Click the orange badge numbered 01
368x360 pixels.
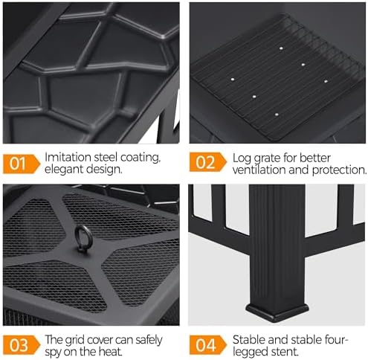coord(22,164)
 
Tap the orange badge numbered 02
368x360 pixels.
coord(208,162)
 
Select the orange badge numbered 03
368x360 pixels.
coord(22,345)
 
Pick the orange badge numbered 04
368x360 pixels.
coord(208,345)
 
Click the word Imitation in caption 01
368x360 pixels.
coord(68,157)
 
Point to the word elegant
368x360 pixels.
coord(64,170)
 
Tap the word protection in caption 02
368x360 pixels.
coord(339,170)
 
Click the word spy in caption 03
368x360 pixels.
coord(53,353)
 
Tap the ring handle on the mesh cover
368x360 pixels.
coord(83,239)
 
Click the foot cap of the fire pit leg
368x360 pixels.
coord(277,312)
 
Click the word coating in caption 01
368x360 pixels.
coord(141,158)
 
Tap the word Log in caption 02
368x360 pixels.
coord(242,158)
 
